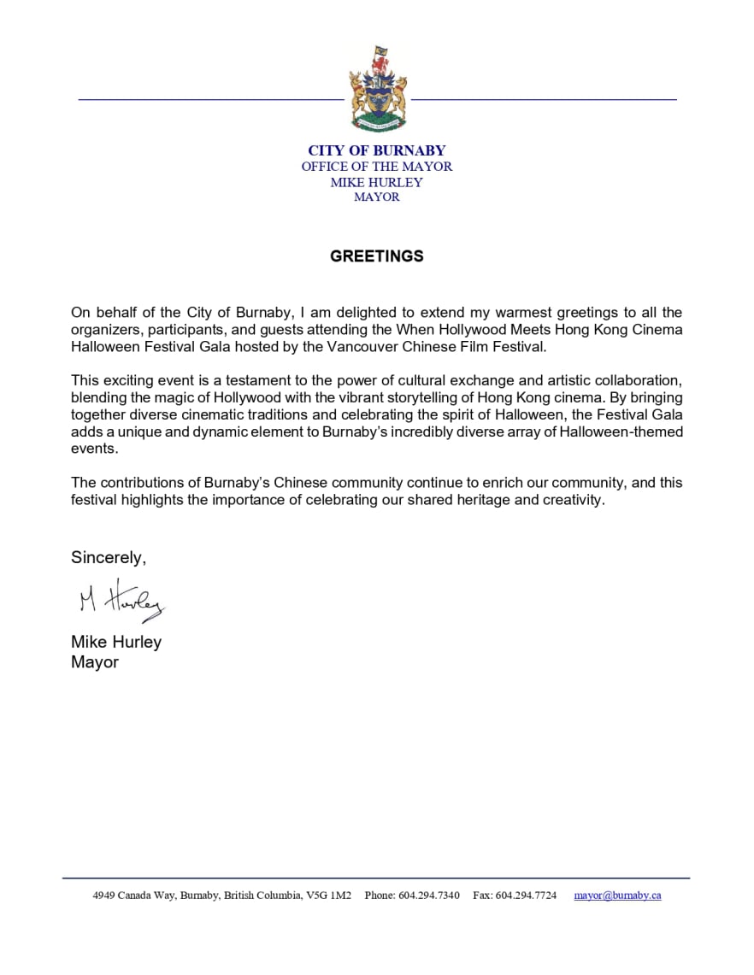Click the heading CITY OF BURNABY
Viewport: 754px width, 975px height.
click(x=377, y=151)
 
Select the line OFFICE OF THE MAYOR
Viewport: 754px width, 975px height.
click(x=377, y=167)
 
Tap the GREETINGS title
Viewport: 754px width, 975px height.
click(x=377, y=256)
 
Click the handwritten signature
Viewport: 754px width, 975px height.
click(x=121, y=602)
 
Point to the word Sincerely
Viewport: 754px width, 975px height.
click(x=109, y=558)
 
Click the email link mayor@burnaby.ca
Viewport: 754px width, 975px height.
click(x=617, y=896)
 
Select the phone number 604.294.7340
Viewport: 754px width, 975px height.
click(x=429, y=896)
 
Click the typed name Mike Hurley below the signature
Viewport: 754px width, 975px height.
click(x=116, y=642)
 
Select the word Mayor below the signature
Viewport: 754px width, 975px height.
click(x=95, y=662)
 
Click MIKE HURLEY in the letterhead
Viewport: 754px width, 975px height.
click(x=377, y=182)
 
